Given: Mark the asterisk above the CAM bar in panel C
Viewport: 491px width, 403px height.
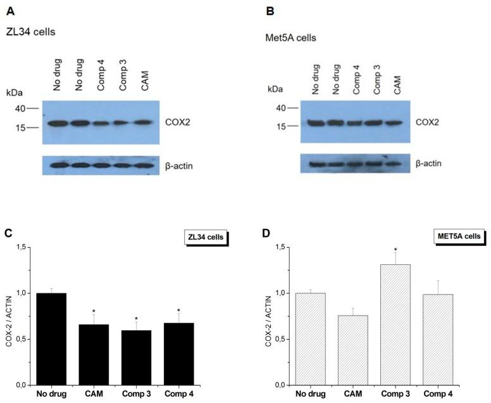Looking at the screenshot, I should point(93,311).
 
